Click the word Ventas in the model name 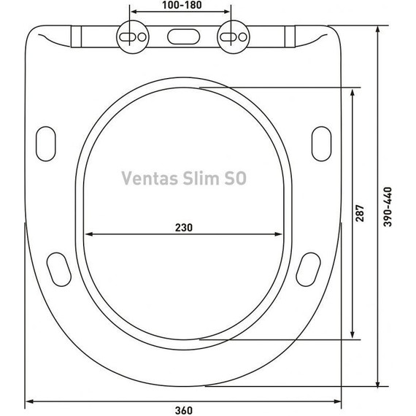(x=145, y=178)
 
